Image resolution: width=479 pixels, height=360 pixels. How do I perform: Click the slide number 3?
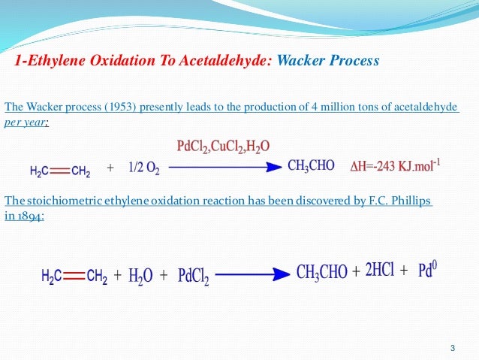[452, 347]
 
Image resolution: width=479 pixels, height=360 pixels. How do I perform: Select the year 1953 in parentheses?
[115, 107]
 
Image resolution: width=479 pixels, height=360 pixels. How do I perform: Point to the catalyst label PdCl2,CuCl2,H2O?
[224, 145]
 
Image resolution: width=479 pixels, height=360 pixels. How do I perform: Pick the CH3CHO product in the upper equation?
[311, 166]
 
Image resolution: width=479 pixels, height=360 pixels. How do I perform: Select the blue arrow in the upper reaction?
[224, 168]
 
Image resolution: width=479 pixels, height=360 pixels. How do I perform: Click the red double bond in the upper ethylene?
[60, 171]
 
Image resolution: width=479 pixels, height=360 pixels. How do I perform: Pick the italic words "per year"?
[26, 120]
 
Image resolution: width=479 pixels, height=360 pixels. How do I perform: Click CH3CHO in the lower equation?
[322, 272]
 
